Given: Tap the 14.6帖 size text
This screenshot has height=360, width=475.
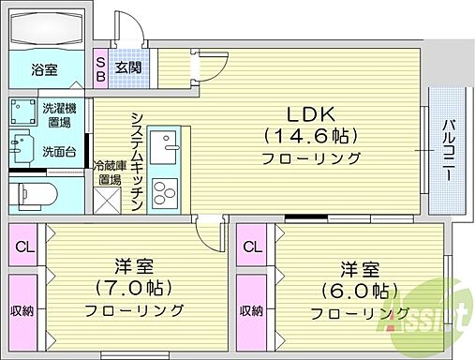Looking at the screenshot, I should [x=307, y=135].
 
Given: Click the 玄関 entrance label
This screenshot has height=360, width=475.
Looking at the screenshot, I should [x=127, y=68].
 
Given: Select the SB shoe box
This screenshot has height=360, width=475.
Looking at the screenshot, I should [x=100, y=68].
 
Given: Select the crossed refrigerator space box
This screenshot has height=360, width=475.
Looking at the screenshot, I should [x=106, y=200].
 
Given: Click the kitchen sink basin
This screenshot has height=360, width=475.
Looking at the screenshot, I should [x=169, y=148].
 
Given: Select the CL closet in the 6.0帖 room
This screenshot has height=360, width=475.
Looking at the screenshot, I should [x=249, y=247].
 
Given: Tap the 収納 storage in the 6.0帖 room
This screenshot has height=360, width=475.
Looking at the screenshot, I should [x=249, y=310].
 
